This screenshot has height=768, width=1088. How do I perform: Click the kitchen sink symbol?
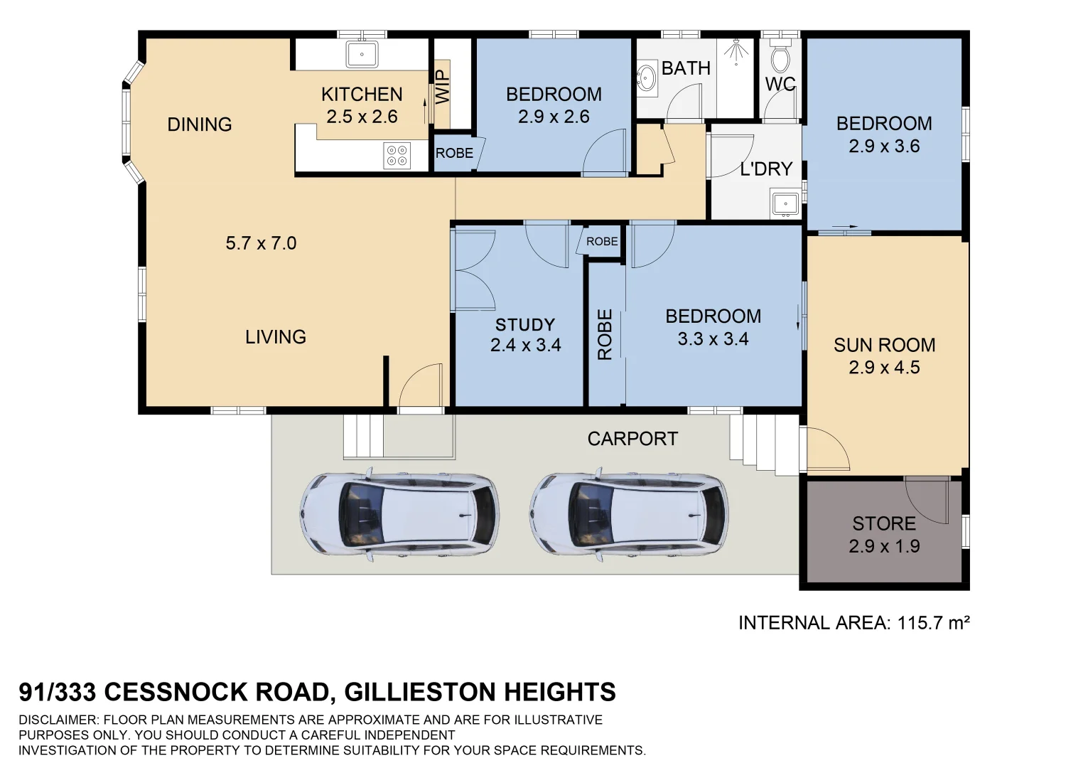[362, 54]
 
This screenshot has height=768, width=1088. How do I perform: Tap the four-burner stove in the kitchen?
[397, 156]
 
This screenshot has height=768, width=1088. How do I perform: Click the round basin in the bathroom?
[647, 78]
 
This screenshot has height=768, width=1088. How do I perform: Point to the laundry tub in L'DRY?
[785, 203]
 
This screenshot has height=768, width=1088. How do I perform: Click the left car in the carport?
[399, 513]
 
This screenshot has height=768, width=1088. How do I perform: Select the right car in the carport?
[629, 513]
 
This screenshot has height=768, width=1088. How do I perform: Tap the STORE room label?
[883, 523]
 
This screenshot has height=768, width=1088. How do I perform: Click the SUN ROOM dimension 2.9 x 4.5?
[883, 368]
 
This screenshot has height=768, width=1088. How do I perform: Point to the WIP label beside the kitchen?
[442, 87]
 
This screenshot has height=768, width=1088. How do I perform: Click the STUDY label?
[524, 325]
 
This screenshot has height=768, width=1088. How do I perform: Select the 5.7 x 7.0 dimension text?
[261, 243]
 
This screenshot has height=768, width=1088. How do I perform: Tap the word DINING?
[200, 124]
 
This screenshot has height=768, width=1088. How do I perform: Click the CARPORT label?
[632, 439]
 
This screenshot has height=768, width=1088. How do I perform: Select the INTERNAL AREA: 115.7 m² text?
[853, 623]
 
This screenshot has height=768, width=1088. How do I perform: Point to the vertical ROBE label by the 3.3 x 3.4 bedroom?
[605, 334]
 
